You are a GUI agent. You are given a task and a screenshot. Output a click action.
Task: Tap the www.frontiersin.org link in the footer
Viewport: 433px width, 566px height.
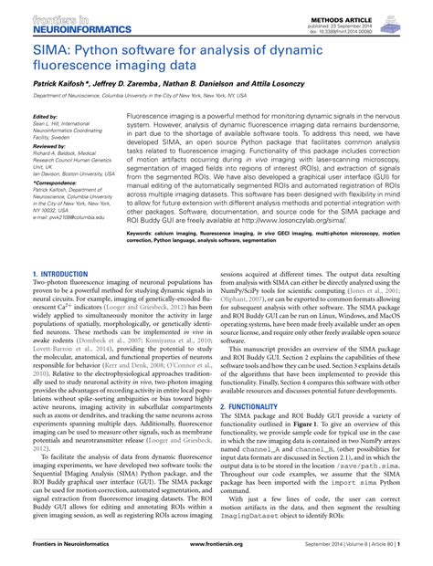[216, 553]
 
